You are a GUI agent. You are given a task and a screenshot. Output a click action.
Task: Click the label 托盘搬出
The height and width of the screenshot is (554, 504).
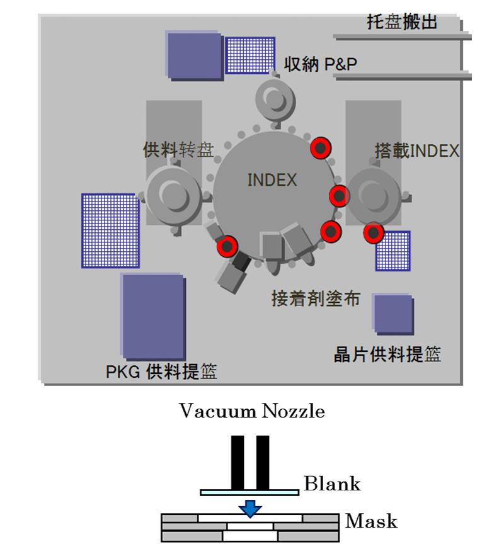402,23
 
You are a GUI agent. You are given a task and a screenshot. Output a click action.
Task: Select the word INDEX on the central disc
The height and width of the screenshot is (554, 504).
272,180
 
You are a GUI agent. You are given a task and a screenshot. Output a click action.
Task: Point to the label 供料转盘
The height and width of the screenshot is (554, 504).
178,150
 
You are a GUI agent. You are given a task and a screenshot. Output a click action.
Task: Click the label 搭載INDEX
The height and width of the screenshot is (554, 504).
417,150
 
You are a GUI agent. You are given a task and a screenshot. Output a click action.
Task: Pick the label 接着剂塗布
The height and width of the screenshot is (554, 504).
316,298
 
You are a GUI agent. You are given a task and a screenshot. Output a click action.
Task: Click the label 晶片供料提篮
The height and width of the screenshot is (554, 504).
387,354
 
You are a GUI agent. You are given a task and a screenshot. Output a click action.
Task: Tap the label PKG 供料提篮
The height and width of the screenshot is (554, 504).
161,372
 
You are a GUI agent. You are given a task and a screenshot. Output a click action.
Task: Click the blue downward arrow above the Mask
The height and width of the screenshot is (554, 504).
250,507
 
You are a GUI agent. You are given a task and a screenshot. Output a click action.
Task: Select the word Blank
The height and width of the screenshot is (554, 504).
332,483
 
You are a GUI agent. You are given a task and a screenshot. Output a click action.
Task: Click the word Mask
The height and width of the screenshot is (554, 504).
372,521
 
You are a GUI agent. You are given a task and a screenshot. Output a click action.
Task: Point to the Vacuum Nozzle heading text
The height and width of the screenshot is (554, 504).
252,412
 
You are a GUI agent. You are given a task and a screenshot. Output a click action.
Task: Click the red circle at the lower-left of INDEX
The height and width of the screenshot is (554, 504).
227,246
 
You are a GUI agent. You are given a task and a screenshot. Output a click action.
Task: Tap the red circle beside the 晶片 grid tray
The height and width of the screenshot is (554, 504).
374,233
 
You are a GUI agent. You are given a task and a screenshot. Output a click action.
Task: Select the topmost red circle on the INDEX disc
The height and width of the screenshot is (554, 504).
321,148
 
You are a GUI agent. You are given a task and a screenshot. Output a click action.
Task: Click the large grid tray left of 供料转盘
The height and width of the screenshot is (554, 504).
110,230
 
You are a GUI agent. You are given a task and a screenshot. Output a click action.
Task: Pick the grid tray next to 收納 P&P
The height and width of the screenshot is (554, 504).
251,55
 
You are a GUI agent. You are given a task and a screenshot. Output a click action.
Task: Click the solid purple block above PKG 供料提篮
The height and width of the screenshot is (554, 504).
153,316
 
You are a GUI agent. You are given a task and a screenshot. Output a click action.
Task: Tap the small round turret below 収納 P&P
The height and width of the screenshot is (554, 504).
276,98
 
